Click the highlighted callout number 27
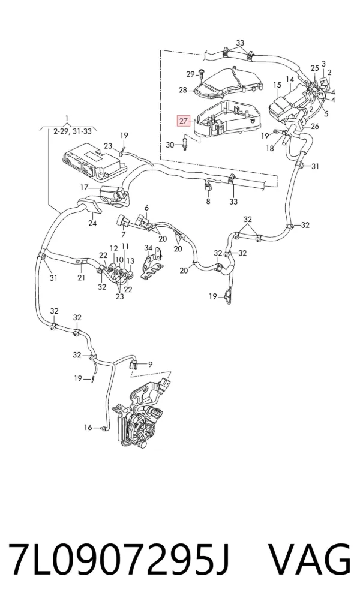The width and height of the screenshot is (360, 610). tap(184, 121)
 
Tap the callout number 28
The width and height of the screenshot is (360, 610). tap(183, 90)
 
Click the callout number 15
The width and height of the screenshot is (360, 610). tap(277, 85)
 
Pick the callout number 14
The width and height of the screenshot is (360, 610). tap(290, 79)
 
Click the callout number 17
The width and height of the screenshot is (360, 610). tap(85, 188)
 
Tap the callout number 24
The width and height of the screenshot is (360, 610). tap(92, 223)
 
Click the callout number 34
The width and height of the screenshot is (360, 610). tap(148, 248)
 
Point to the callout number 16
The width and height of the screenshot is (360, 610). tap(88, 428)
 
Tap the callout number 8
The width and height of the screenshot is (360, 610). tap(208, 202)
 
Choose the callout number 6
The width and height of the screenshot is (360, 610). tap(147, 208)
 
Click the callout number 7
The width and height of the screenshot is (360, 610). tap(124, 235)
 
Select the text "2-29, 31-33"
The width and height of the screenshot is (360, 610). tap(73, 131)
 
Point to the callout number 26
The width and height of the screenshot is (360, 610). tap(315, 127)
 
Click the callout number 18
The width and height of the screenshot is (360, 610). tap(270, 148)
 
